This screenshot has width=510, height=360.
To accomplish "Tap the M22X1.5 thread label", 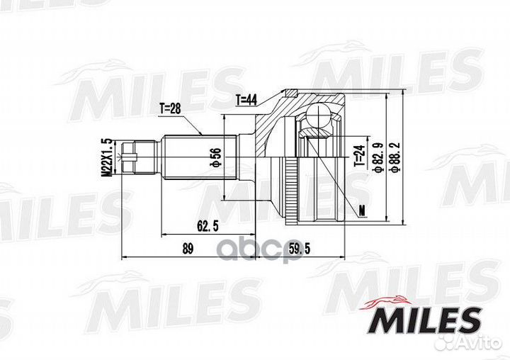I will point(107,157).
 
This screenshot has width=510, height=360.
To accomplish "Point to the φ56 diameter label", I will point(212,157).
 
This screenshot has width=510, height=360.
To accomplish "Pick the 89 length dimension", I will point(188,248).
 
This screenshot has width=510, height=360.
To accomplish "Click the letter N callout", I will point(362,210).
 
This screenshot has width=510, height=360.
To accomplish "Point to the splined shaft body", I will point(191,157).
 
